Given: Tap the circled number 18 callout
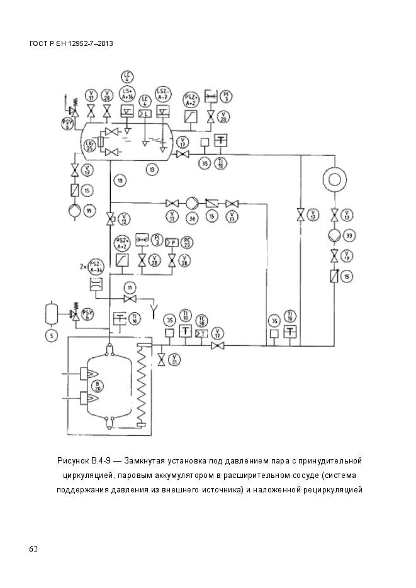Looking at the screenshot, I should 120,180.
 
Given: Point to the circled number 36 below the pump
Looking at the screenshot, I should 192,218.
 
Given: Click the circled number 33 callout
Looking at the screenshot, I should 350,235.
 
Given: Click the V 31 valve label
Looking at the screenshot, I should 176,359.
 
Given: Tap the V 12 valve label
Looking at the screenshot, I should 123,219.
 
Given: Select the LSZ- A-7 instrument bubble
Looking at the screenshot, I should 164,94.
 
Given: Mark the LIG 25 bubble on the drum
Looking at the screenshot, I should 89,146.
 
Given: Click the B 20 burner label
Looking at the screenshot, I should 97,387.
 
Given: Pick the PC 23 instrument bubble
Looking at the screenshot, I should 186,242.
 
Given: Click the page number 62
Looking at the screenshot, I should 33,549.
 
